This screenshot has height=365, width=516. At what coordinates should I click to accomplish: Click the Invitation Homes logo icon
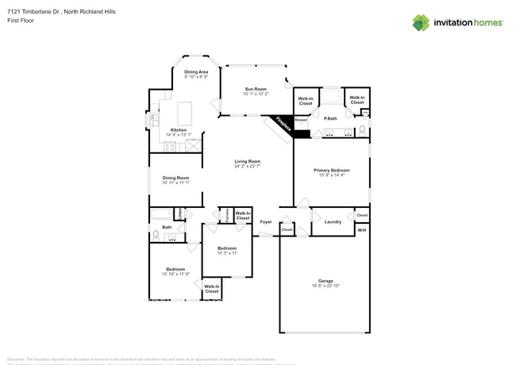point(421,22)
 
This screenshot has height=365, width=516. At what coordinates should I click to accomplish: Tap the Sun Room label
point(255,89)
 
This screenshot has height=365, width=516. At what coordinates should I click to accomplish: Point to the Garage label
point(325,281)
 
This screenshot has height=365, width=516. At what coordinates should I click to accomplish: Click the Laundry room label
point(333,221)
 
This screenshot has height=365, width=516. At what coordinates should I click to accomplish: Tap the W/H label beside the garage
point(361,230)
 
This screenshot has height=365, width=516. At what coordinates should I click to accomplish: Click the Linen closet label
point(181,213)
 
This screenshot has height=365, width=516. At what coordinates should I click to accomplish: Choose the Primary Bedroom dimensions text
point(331,175)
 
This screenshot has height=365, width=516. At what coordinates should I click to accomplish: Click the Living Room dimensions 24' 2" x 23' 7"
point(248,167)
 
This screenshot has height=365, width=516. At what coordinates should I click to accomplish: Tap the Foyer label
point(266,221)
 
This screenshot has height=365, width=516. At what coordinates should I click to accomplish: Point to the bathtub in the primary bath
point(332,99)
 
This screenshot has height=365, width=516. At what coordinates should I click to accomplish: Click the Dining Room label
point(175,178)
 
